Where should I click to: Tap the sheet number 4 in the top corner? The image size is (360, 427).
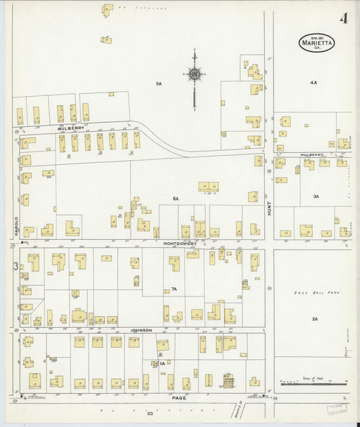pyautogui.click(x=344, y=18)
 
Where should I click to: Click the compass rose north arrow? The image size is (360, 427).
pyautogui.click(x=194, y=74)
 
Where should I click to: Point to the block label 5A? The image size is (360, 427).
pyautogui.click(x=159, y=83)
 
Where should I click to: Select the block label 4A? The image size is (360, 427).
pyautogui.click(x=313, y=82)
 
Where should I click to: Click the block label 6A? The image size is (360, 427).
pyautogui.click(x=176, y=199)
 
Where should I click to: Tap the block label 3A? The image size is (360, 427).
pyautogui.click(x=315, y=196)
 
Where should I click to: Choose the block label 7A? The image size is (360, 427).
pyautogui.click(x=174, y=288)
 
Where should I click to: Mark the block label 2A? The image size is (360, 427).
pyautogui.click(x=315, y=318)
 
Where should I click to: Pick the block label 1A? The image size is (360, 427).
pyautogui.click(x=163, y=364)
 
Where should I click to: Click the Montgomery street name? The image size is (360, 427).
pyautogui.click(x=180, y=243)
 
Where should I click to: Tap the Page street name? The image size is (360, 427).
pyautogui.click(x=178, y=398)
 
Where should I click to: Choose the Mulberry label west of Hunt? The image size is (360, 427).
pyautogui.click(x=70, y=127)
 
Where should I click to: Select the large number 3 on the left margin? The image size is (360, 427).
pyautogui.click(x=15, y=266)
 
